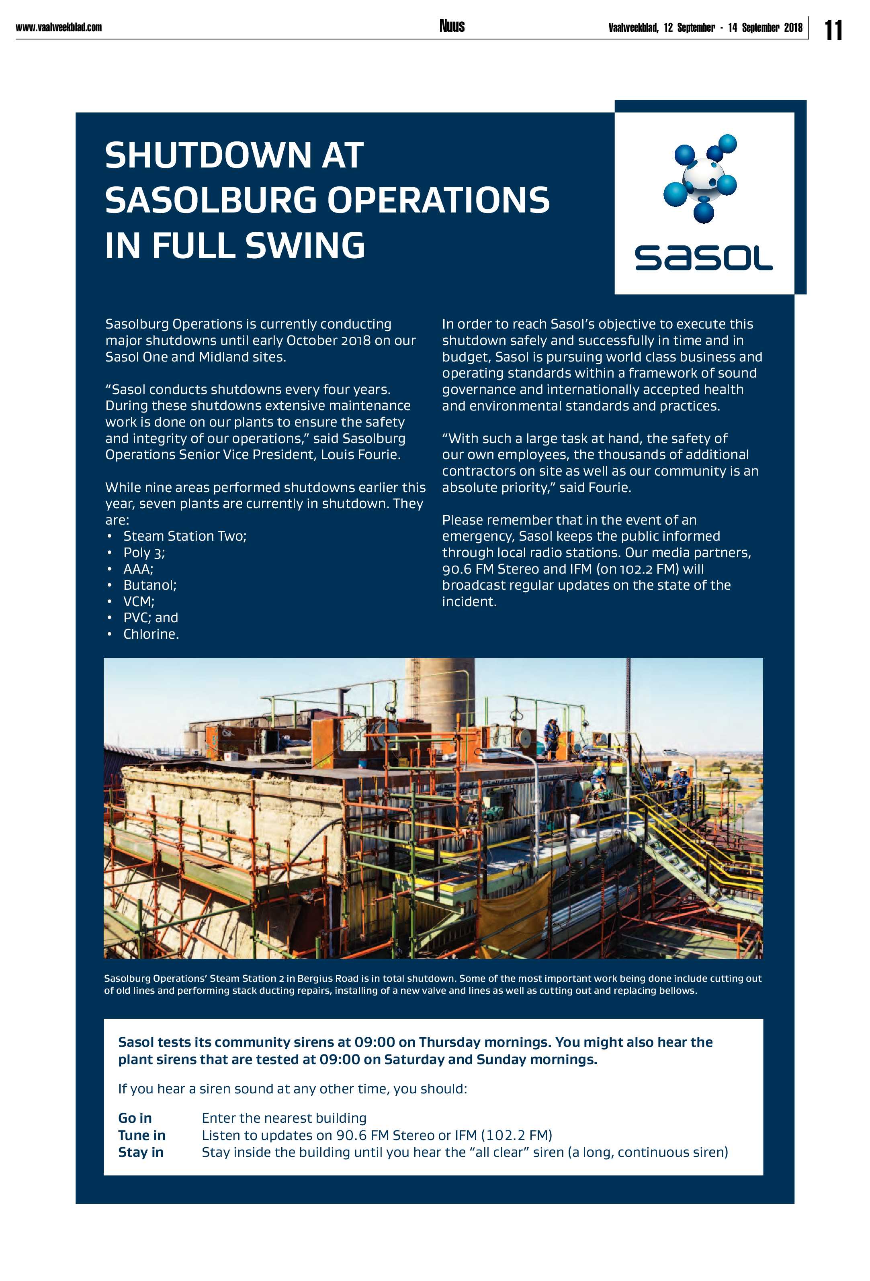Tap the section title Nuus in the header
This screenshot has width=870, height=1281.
pos(452,26)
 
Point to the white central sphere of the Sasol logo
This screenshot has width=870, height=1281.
pos(701,175)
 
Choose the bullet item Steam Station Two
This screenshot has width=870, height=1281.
pos(185,536)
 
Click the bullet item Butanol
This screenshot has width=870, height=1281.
pos(149,585)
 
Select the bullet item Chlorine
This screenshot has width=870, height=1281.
pos(151,634)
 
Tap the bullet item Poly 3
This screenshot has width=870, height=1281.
pos(144,552)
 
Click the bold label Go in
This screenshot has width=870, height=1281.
pos(135,1118)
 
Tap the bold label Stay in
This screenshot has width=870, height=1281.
pos(141,1152)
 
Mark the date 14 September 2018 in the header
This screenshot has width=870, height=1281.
pos(765,28)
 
